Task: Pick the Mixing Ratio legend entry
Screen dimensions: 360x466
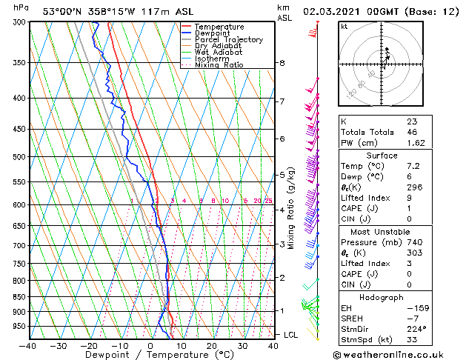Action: pyautogui.click(x=216, y=65)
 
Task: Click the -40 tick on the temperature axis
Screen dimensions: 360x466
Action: pyautogui.click(x=28, y=346)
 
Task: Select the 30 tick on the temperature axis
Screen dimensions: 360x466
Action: pyautogui.click(x=242, y=346)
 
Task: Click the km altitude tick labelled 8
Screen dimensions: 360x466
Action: pyautogui.click(x=282, y=63)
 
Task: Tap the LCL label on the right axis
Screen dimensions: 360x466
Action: pyautogui.click(x=291, y=336)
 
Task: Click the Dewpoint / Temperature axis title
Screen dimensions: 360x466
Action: pyautogui.click(x=150, y=356)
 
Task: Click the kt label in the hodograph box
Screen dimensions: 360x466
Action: pyautogui.click(x=344, y=26)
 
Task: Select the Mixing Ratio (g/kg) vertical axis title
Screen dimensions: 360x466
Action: pyautogui.click(x=292, y=207)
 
